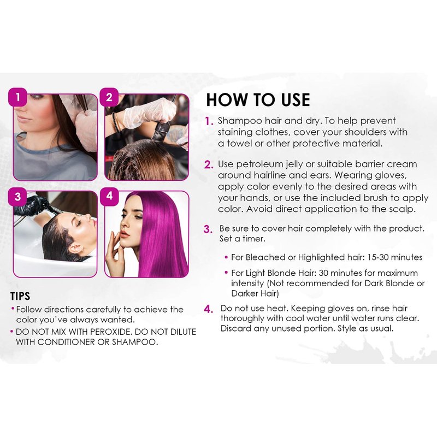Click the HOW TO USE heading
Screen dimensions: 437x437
[258, 100]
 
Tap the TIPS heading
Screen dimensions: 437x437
[20, 296]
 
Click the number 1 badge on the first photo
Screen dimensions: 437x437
[17, 97]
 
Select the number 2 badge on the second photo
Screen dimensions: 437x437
[109, 97]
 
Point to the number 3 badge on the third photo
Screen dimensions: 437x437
[17, 197]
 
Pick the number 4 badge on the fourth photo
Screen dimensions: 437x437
[109, 196]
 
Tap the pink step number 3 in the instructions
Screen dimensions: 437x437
[208, 229]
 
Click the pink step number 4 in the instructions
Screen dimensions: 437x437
[209, 309]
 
